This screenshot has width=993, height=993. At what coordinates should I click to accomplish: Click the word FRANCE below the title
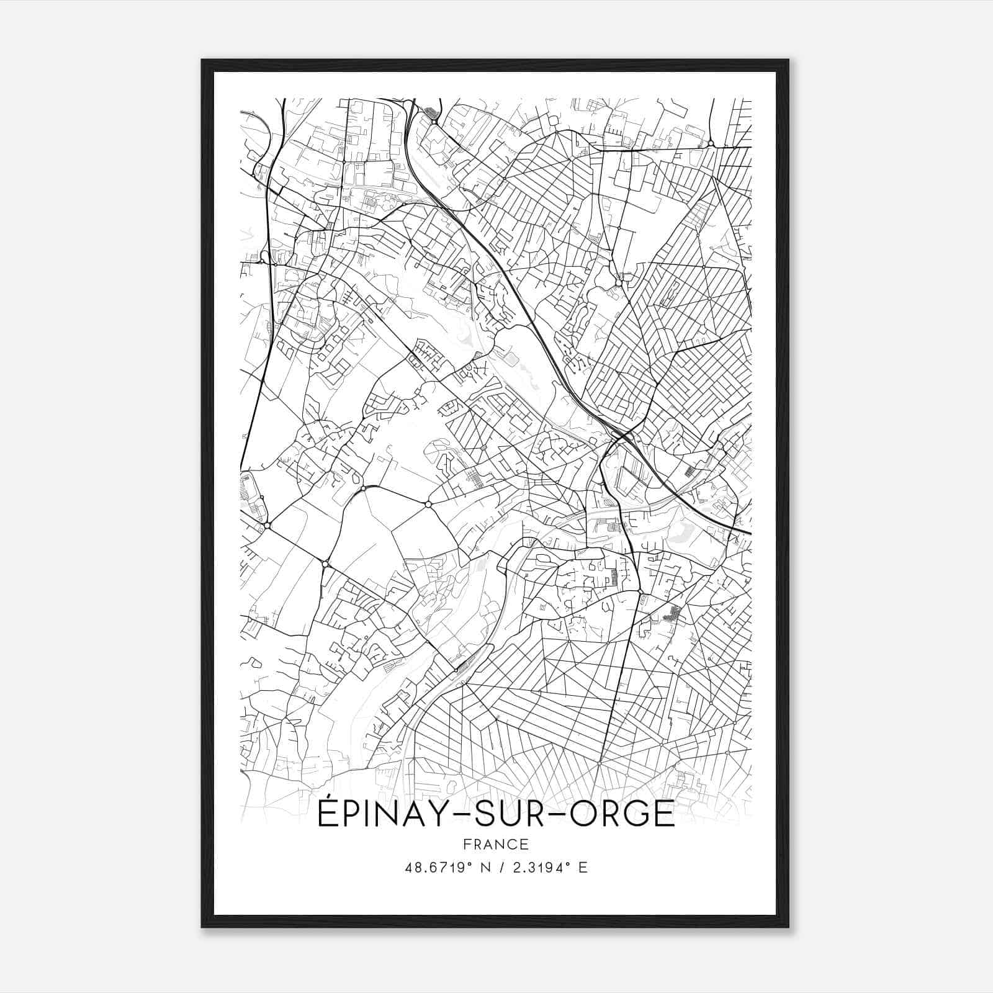[495, 844]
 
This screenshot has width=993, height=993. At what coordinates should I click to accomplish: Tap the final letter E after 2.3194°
[582, 868]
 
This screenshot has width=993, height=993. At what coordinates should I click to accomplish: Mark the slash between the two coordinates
[500, 868]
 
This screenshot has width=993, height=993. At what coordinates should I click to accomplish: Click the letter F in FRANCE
[466, 844]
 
